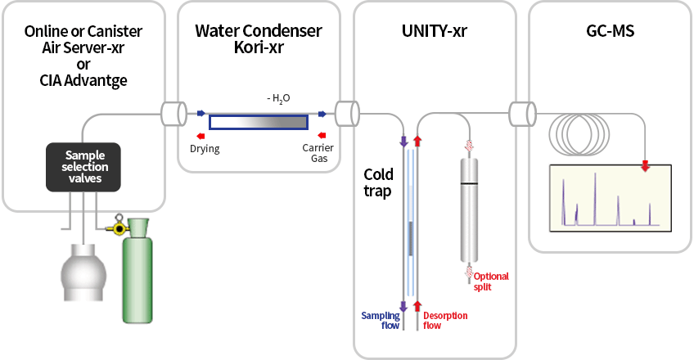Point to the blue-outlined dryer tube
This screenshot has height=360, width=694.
click(259, 122)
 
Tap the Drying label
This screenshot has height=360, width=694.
click(205, 150)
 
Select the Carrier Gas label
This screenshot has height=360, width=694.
click(318, 154)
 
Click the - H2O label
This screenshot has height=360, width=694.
click(278, 98)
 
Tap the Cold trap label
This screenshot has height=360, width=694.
click(378, 182)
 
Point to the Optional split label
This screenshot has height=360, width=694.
click(490, 281)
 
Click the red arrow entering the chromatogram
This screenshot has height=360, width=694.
click(646, 167)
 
